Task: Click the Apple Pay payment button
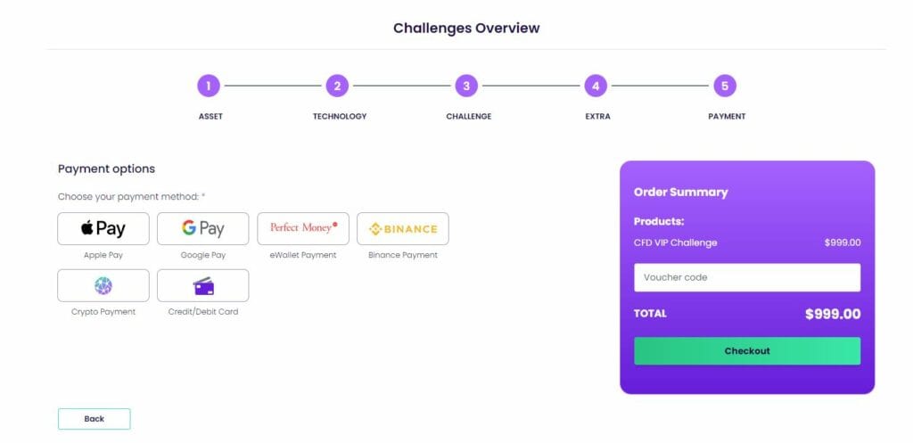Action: pyautogui.click(x=103, y=229)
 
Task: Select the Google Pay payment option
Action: pyautogui.click(x=202, y=229)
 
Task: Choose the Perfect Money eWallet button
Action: pyautogui.click(x=303, y=229)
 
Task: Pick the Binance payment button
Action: pyautogui.click(x=403, y=229)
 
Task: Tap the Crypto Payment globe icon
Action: pyautogui.click(x=103, y=286)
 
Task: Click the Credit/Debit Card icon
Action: pyautogui.click(x=204, y=286)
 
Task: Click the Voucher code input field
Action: pyautogui.click(x=747, y=278)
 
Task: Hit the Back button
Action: pyautogui.click(x=95, y=419)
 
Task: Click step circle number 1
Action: pyautogui.click(x=209, y=86)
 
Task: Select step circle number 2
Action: pyautogui.click(x=337, y=86)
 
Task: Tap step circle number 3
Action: pyautogui.click(x=466, y=86)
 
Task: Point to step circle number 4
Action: pyautogui.click(x=596, y=86)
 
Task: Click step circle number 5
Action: pyautogui.click(x=725, y=86)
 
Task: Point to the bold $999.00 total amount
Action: pyautogui.click(x=833, y=315)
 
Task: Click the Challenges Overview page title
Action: pyautogui.click(x=466, y=28)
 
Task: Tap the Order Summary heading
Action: pyautogui.click(x=680, y=193)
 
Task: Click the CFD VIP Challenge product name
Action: pyautogui.click(x=676, y=242)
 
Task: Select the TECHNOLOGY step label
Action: pyautogui.click(x=340, y=117)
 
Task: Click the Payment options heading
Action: pyautogui.click(x=107, y=168)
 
